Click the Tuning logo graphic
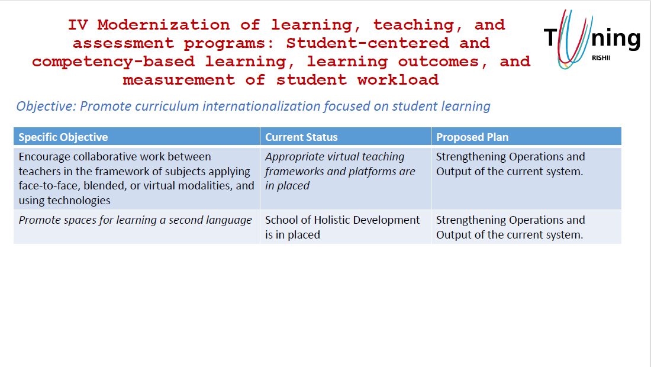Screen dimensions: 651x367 pyautogui.click(x=592, y=39)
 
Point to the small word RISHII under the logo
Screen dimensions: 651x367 pyautogui.click(x=601, y=57)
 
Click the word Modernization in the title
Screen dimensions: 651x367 pyautogui.click(x=163, y=25)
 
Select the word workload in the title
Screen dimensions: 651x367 pyautogui.click(x=398, y=79)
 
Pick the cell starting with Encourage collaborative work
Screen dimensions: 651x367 pyautogui.click(x=137, y=179)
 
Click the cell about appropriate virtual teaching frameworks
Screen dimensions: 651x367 pyautogui.click(x=346, y=179)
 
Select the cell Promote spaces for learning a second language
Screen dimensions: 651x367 pyautogui.click(x=137, y=227)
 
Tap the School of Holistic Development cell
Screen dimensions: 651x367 pyautogui.click(x=346, y=227)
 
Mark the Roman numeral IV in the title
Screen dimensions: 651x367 pyautogui.click(x=78, y=25)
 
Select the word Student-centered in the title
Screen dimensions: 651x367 pyautogui.click(x=368, y=43)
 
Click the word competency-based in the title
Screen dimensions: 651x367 pyautogui.click(x=114, y=62)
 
